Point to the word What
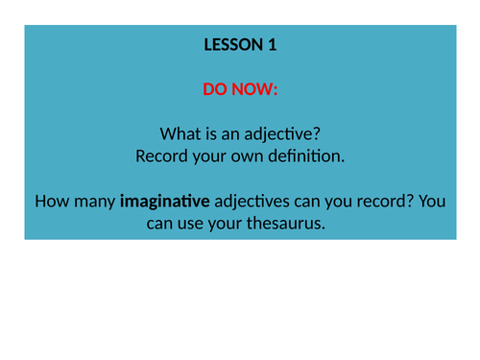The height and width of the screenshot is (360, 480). tap(174, 133)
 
